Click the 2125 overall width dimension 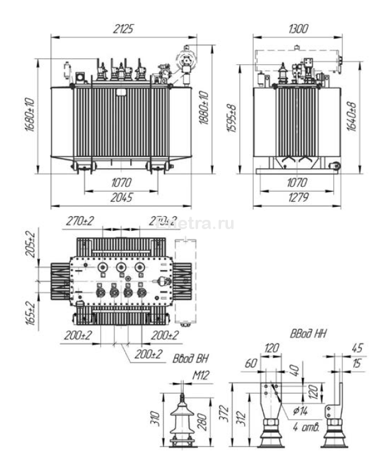pos(124,28)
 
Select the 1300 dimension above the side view pos(298,28)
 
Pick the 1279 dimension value pos(298,198)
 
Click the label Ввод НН pos(308,334)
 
